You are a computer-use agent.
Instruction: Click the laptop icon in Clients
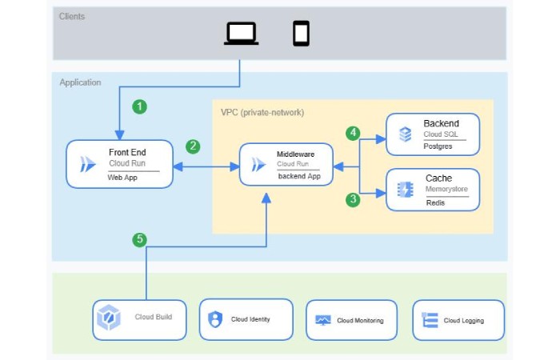pyautogui.click(x=241, y=33)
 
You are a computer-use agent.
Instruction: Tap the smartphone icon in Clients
pyautogui.click(x=301, y=33)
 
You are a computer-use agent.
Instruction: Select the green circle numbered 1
pyautogui.click(x=141, y=106)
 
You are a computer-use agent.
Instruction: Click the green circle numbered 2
pyautogui.click(x=193, y=146)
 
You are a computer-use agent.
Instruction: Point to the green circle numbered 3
pyautogui.click(x=352, y=199)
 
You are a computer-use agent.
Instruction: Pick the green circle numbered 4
pyautogui.click(x=352, y=132)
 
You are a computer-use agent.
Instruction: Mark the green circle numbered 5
pyautogui.click(x=140, y=239)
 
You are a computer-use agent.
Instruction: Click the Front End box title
pyautogui.click(x=127, y=152)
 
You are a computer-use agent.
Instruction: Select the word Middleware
pyautogui.click(x=295, y=153)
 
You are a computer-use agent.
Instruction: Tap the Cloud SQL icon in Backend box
pyautogui.click(x=405, y=134)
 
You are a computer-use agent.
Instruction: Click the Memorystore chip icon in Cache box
pyautogui.click(x=405, y=190)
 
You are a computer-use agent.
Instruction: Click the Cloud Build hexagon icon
pyautogui.click(x=107, y=318)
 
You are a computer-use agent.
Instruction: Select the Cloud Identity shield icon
pyautogui.click(x=214, y=319)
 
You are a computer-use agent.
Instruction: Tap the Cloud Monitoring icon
pyautogui.click(x=323, y=320)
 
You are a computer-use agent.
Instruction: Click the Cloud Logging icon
pyautogui.click(x=430, y=320)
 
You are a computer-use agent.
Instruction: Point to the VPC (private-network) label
pyautogui.click(x=262, y=112)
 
